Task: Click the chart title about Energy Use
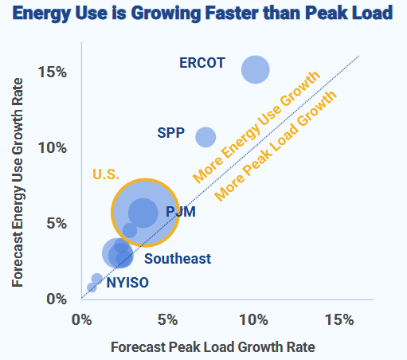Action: click(204, 14)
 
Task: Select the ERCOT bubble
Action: click(255, 69)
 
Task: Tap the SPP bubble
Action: click(205, 137)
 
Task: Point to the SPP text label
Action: click(171, 132)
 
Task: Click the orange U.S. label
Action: click(107, 174)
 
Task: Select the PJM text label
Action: click(181, 212)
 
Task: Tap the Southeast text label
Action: click(178, 258)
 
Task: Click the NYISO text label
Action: click(127, 282)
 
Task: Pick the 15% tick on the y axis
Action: click(51, 72)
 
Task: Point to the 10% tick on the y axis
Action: click(51, 147)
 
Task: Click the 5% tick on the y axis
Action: click(55, 223)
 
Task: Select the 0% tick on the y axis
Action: click(55, 299)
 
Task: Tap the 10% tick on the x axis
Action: click(253, 319)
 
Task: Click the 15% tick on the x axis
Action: click(339, 319)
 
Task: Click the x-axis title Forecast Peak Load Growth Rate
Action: click(213, 347)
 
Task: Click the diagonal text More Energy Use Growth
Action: click(255, 125)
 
